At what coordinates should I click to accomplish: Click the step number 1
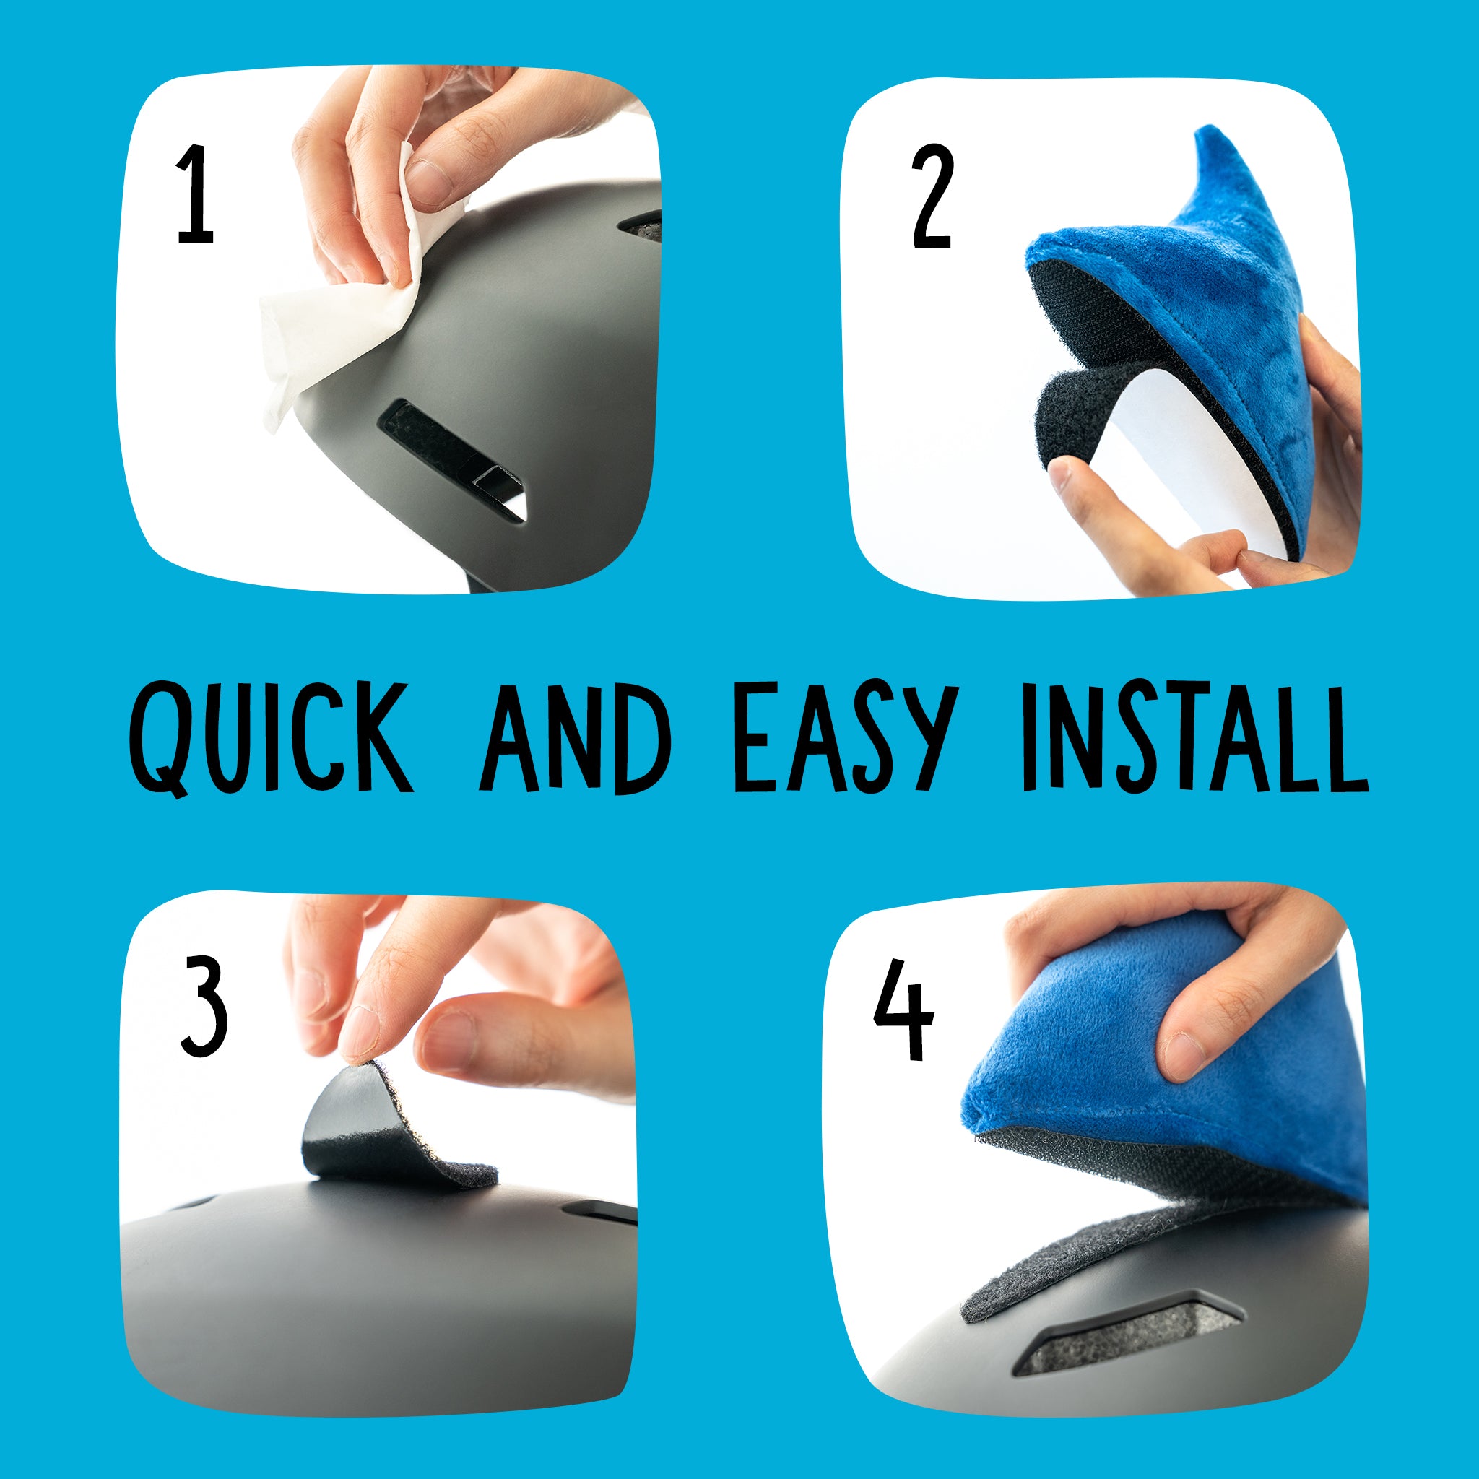(195, 195)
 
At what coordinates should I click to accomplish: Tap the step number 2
(932, 197)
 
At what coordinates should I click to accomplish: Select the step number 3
(204, 1006)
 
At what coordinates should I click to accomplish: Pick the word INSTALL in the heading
(1194, 737)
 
